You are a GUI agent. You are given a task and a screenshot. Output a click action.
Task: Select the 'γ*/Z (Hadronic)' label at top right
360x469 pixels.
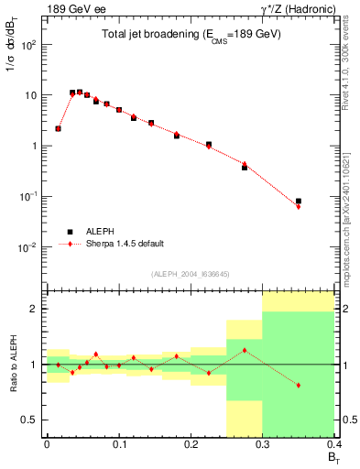pos(301,9)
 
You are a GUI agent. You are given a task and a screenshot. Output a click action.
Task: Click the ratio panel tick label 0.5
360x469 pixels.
pos(29,420)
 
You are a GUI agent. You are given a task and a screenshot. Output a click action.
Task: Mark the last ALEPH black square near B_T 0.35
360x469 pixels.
pos(299,201)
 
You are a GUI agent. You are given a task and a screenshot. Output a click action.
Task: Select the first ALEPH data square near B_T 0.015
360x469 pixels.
pos(58,128)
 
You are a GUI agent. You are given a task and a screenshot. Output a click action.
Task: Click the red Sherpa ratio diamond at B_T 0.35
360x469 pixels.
pos(299,385)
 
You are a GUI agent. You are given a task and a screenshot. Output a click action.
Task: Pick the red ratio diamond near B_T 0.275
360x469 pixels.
pos(245,351)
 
